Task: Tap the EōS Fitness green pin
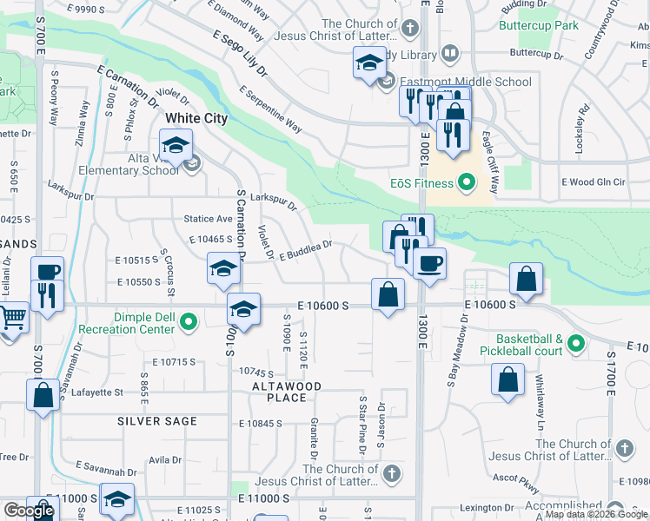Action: click(467, 183)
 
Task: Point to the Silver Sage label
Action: click(157, 421)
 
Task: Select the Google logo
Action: click(29, 511)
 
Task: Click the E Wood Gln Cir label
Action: click(594, 182)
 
